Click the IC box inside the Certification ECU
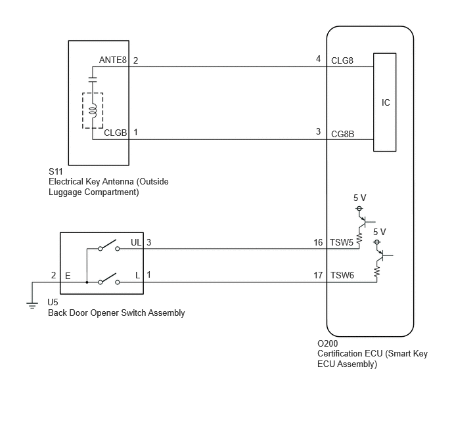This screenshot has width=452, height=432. point(384,102)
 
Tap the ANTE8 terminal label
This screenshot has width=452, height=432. point(113,60)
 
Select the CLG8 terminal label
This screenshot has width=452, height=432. point(342,60)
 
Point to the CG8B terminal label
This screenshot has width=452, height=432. point(342,134)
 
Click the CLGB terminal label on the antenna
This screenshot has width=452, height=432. point(116,133)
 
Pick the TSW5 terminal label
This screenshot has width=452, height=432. point(342,242)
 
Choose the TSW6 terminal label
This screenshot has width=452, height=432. point(342,275)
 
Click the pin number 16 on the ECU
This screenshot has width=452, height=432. point(318,242)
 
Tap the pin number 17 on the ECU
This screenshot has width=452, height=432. point(318,275)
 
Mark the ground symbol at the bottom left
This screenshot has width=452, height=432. point(32,305)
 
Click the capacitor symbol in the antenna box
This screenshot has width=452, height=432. point(93,80)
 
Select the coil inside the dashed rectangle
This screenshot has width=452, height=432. point(93,111)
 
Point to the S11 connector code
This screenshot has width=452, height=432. point(55,171)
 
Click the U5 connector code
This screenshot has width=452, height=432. point(53,302)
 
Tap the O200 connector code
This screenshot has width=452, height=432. point(327,343)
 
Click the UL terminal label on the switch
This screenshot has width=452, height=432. point(136,242)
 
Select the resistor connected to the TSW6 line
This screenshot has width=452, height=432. point(376,272)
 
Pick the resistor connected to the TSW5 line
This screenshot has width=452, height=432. point(359,239)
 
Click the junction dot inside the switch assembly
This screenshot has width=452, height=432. point(87,282)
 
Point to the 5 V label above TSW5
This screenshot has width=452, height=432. point(360,198)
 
